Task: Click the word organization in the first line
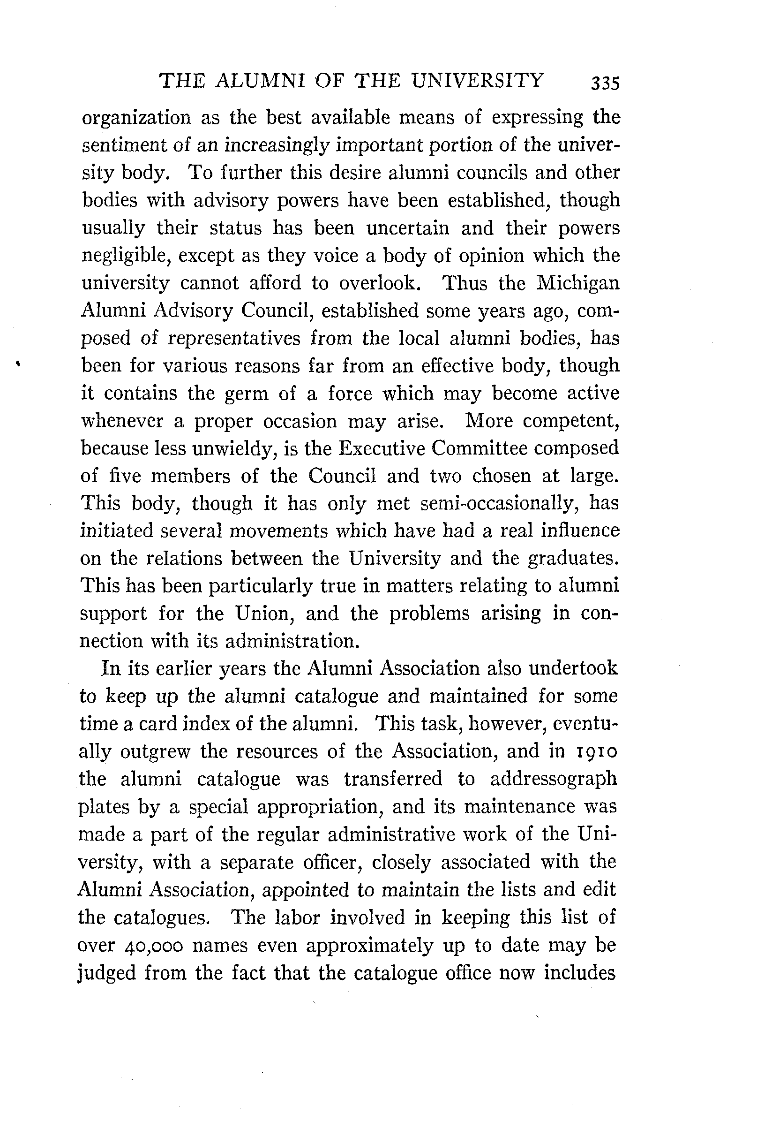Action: point(136,118)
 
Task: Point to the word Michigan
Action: point(578,283)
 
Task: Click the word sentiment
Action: point(123,145)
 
